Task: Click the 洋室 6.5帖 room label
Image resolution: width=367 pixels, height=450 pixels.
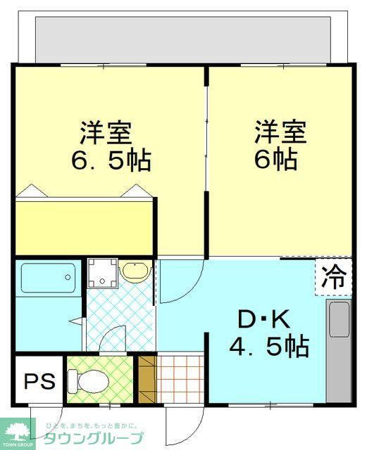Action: [111, 146]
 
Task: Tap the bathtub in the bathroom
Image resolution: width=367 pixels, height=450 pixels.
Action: [47, 278]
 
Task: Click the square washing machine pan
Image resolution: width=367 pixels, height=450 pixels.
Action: [103, 274]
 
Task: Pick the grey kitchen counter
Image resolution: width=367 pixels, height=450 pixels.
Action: [339, 345]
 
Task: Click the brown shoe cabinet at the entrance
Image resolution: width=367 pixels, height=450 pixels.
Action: [146, 380]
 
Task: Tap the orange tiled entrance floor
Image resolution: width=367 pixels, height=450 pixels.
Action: [179, 380]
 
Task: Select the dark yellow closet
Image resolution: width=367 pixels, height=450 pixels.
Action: [85, 226]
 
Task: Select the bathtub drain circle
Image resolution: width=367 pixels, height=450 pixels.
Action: [69, 277]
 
